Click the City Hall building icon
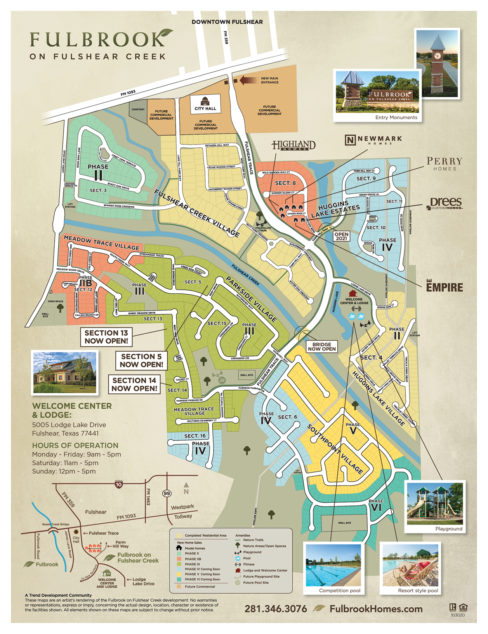coord(205,101)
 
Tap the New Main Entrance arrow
coord(249,80)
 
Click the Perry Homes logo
coord(444,164)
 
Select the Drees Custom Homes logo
coord(446,203)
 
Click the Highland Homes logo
coord(293,146)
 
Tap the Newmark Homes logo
coord(373,140)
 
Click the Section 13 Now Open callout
coord(106,337)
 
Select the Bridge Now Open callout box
coord(322,347)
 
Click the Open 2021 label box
coord(341,236)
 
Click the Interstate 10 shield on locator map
coord(119,484)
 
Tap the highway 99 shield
coord(167,493)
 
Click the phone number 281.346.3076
coord(276,609)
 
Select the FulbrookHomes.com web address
coord(376,609)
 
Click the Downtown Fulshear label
coord(227,22)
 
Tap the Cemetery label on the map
coord(138,110)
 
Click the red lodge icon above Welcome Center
coord(353,293)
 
